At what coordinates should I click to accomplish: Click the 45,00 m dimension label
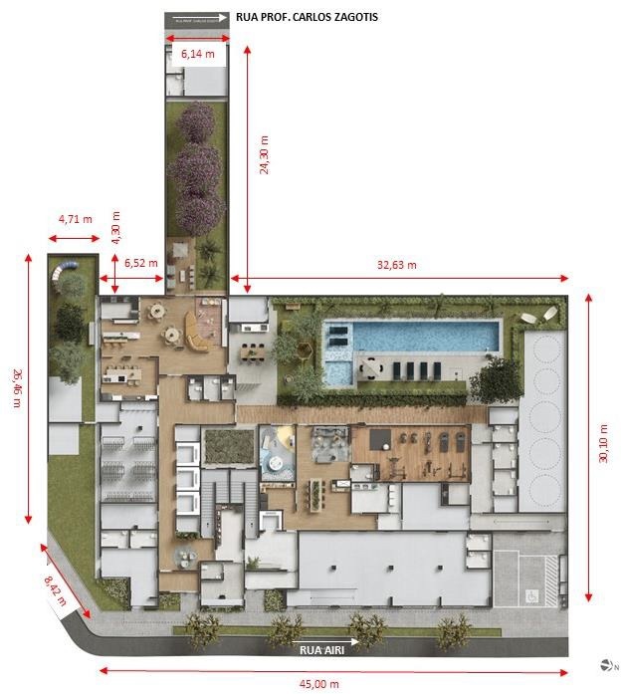320,684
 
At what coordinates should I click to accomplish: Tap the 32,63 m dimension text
396,265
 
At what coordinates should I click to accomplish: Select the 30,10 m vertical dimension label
602,444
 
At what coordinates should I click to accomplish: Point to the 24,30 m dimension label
264,155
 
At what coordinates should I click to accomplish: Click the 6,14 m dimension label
198,54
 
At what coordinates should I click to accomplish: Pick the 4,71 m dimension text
75,218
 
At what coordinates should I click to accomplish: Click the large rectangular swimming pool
428,336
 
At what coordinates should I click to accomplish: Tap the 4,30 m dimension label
115,228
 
